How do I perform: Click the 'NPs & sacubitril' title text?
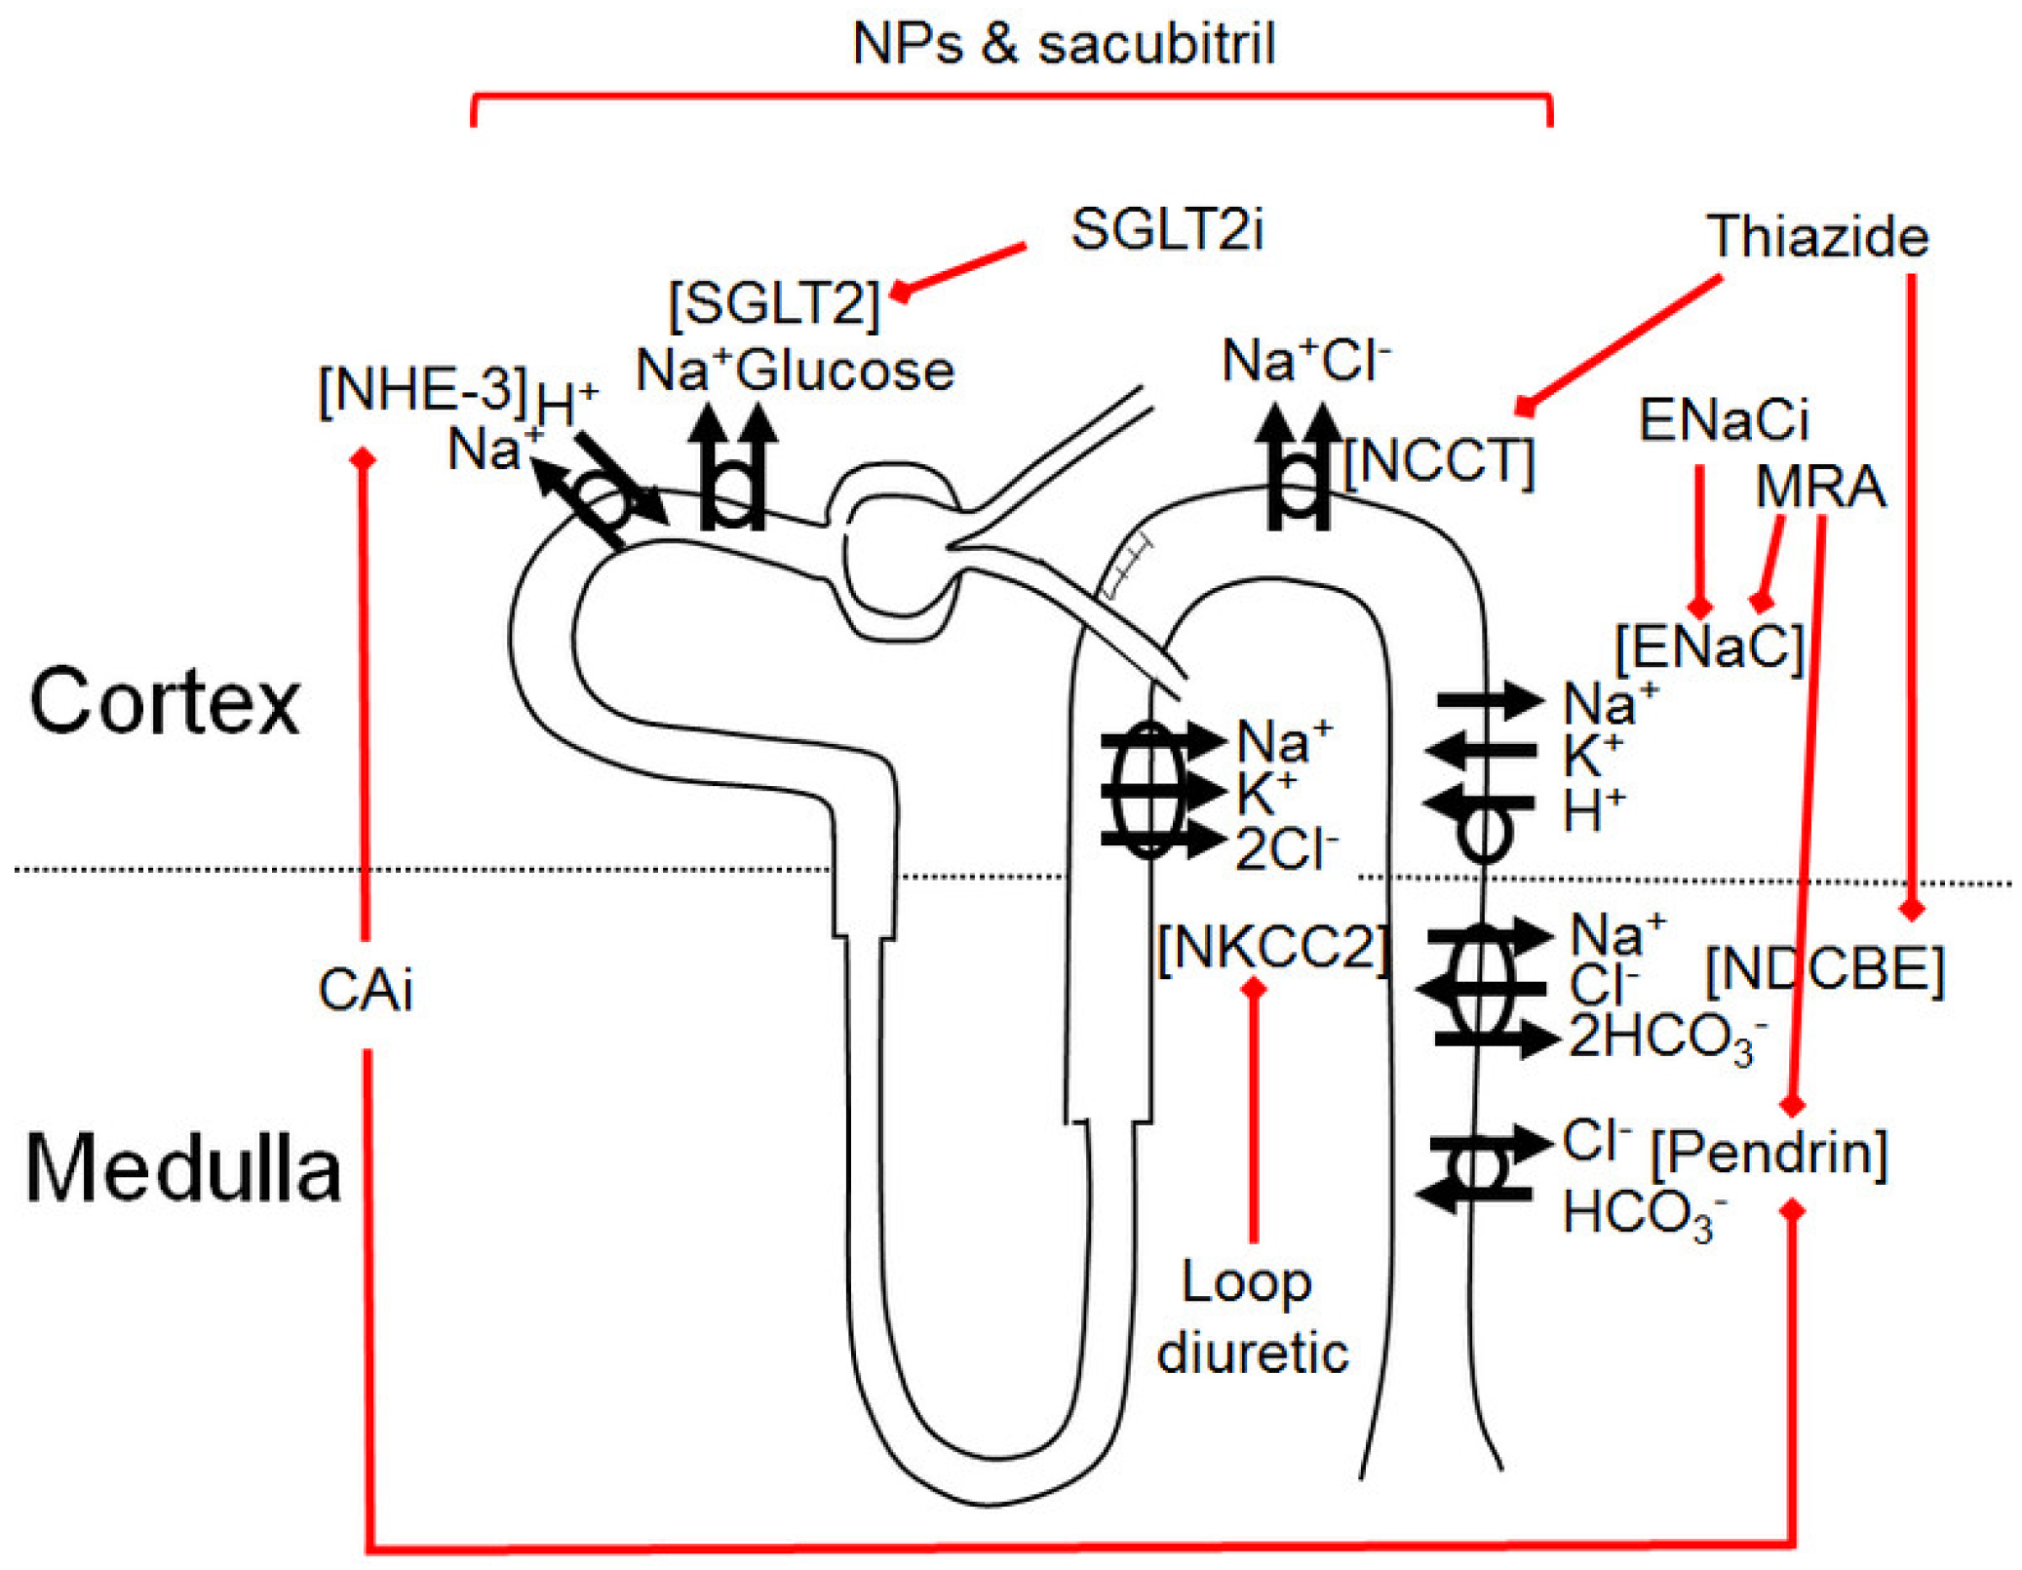[x=1063, y=44]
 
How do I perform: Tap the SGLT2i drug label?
[x=1167, y=230]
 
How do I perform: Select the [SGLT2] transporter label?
[x=774, y=302]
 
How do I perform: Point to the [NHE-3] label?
[x=422, y=389]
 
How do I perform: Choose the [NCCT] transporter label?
[x=1439, y=461]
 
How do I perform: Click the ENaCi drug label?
[x=1724, y=420]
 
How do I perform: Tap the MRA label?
[x=1819, y=486]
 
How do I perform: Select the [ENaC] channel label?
[x=1709, y=646]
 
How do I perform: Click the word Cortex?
[x=164, y=701]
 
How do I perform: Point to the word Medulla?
[x=182, y=1168]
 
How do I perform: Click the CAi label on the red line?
[x=366, y=991]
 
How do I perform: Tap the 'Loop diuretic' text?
[x=1252, y=1317]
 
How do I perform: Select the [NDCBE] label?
[x=1824, y=970]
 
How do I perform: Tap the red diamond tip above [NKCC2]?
[x=1254, y=988]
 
